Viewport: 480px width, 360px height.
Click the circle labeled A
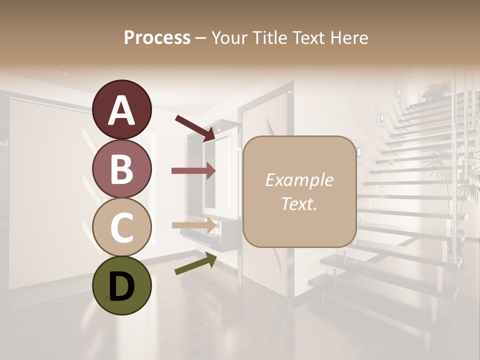point(121,110)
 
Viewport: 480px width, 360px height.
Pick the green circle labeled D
point(121,285)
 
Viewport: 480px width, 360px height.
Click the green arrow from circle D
point(195,263)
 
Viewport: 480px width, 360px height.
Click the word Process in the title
point(157,37)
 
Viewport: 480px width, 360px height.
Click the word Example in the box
point(299,180)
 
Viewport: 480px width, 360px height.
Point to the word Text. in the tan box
point(299,203)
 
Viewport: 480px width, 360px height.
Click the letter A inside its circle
point(121,110)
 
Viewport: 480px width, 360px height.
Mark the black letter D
point(121,286)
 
